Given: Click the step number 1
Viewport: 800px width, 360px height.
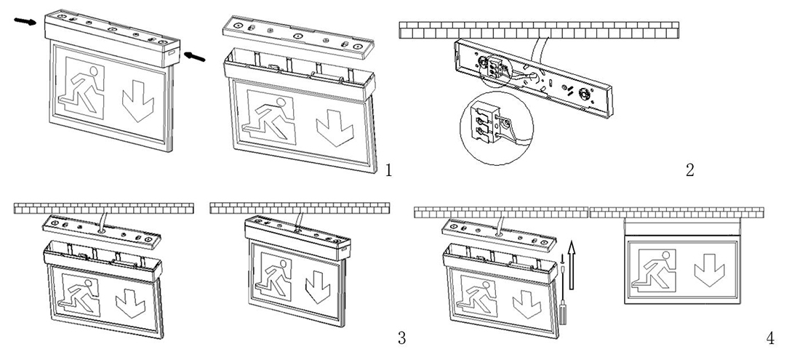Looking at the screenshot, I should tap(389, 170).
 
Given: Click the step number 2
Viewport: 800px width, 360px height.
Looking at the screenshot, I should tap(690, 170).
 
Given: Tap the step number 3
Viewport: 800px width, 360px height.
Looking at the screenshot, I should tap(401, 337).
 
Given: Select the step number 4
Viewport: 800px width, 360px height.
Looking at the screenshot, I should tap(770, 337).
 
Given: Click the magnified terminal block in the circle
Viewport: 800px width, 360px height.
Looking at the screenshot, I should tap(487, 122).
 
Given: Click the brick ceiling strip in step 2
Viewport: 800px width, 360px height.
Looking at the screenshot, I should tap(539, 29).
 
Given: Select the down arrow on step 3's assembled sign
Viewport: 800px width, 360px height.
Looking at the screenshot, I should tap(317, 287).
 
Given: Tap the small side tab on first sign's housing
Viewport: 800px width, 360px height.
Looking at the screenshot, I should tap(169, 52).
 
